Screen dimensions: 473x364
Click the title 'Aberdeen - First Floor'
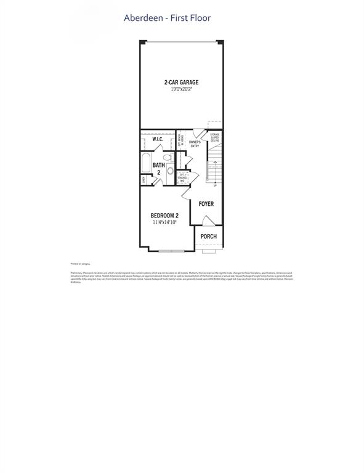pos(167,18)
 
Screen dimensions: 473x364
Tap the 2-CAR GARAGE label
pos(181,82)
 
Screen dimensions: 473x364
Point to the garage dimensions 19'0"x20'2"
pos(181,89)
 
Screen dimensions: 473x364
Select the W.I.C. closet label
pos(157,140)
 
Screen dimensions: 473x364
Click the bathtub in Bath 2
pos(145,164)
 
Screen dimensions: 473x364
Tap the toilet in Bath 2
pos(166,156)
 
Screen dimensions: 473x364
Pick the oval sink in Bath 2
pos(170,172)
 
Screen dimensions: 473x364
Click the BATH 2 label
pos(158,168)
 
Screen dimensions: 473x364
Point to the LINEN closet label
pos(144,180)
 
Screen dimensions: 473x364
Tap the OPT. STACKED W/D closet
pos(183,177)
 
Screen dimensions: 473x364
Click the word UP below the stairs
pos(214,185)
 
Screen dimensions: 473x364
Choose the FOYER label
pos(206,203)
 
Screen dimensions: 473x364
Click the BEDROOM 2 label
pos(165,216)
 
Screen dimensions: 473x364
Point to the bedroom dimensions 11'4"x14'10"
pos(165,222)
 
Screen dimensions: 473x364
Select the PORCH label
pos(208,236)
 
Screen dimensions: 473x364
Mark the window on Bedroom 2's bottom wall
pos(170,250)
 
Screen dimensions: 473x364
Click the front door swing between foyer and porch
pos(208,220)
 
